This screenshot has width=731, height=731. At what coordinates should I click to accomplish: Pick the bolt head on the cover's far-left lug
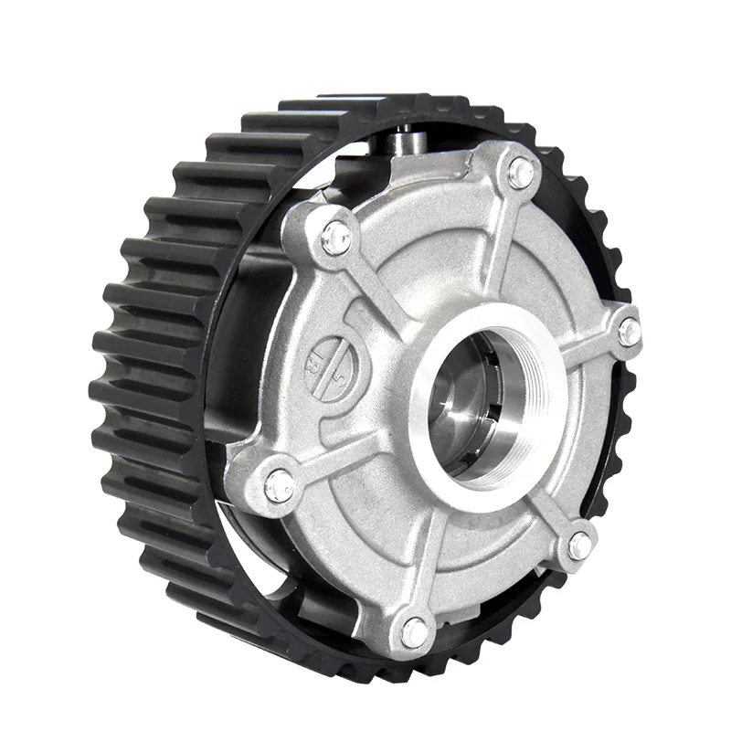click(280, 485)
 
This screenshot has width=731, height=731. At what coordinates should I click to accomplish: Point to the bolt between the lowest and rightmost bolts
click(580, 546)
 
